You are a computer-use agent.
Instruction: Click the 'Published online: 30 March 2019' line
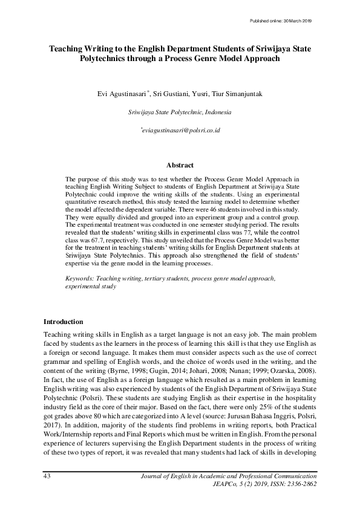click(x=280, y=21)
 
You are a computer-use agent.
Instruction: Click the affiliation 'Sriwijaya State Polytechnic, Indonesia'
click(x=180, y=112)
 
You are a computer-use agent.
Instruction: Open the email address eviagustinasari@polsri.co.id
click(x=180, y=130)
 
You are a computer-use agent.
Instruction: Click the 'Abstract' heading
click(x=180, y=165)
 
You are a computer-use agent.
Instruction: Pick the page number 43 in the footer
click(x=47, y=476)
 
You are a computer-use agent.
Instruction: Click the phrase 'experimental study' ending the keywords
click(x=90, y=287)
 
